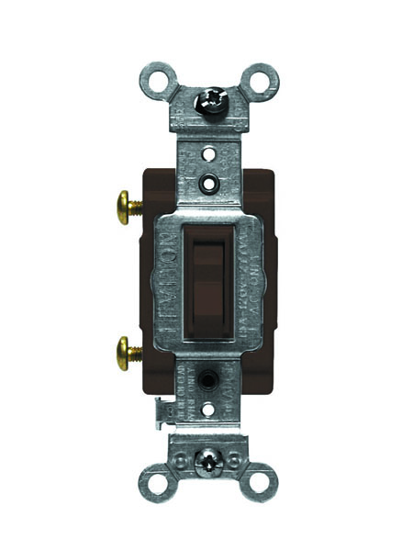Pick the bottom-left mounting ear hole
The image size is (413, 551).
[154, 481]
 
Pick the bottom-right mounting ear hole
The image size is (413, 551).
[260, 481]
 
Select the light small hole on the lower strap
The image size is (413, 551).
[208, 406]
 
